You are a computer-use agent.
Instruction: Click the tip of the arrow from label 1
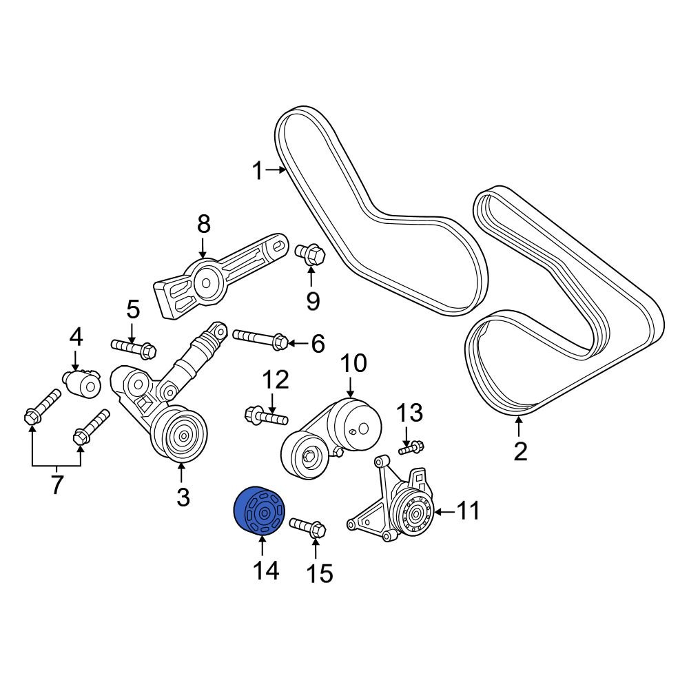pos(286,169)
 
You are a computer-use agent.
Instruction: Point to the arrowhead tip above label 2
pos(520,417)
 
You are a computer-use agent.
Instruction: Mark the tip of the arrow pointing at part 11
pos(434,512)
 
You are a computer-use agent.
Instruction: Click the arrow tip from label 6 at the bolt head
pos(288,342)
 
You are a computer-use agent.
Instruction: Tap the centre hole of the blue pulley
pos(264,513)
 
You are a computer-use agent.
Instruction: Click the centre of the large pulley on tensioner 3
pos(184,435)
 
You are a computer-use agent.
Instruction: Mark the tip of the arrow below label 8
pos(203,258)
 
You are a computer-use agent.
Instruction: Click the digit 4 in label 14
pos(272,570)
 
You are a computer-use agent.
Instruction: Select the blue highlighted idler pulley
pos(259,511)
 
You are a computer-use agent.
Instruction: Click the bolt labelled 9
pos(310,254)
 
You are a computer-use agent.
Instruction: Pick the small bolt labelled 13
pos(411,448)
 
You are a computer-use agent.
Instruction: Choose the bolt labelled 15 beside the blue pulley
pos(307,526)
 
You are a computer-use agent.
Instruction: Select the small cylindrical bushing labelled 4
pos(82,382)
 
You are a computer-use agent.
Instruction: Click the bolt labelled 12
pos(266,415)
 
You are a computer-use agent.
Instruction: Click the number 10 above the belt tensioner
pos(353,364)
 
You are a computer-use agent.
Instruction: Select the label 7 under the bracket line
pos(56,484)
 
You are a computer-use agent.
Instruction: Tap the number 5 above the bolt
pos(133,309)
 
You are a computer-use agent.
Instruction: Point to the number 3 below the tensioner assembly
pos(183,497)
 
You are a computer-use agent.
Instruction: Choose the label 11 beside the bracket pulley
pos(469,511)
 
